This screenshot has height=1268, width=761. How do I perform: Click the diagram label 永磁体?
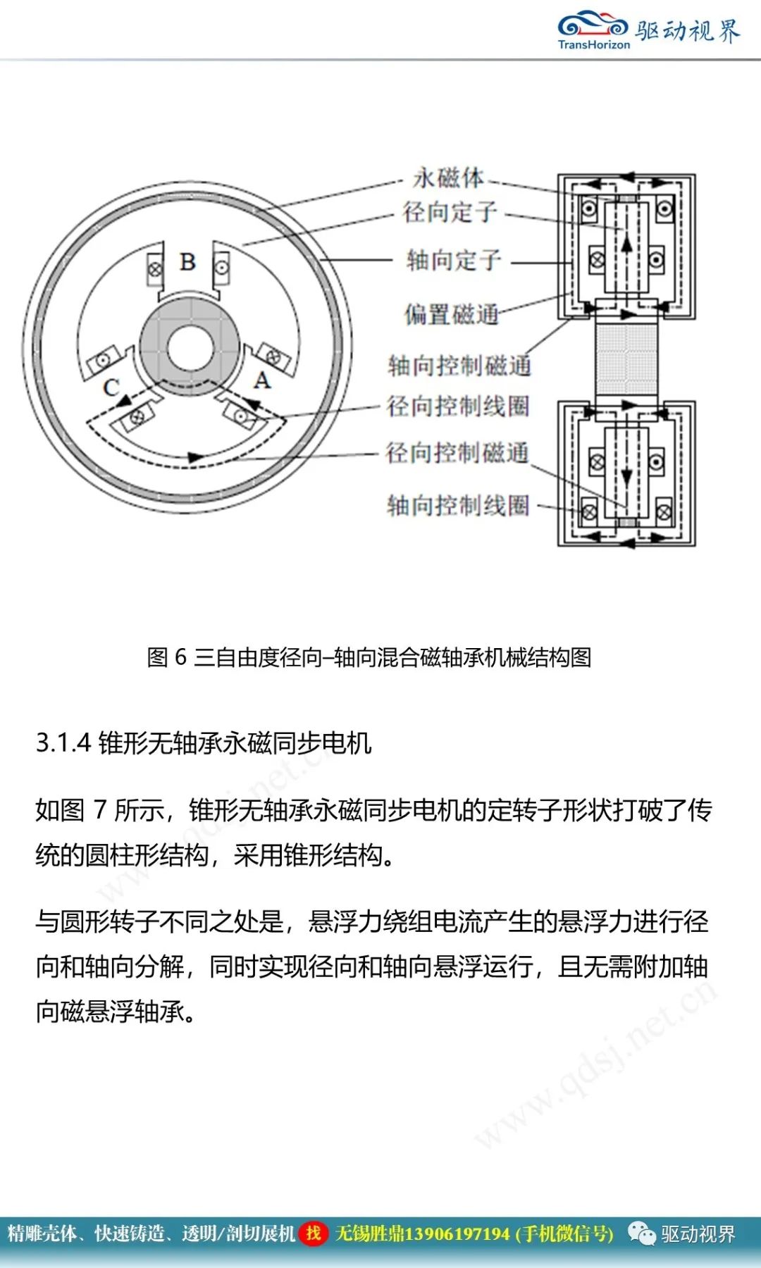pos(449,178)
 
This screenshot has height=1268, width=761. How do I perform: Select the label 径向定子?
pos(450,212)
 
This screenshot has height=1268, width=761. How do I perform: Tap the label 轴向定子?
pos(454,260)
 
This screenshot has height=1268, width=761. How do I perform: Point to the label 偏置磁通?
pos(452,313)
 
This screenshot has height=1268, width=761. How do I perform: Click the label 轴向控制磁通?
pos(459,365)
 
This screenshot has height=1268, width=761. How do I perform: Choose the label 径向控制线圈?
pos(458,406)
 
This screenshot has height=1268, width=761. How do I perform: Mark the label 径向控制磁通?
pos(457,453)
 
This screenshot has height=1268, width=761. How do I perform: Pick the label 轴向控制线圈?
pos(458,505)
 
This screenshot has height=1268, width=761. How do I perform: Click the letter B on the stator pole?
pos(187,262)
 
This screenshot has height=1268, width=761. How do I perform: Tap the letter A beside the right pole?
pos(262,380)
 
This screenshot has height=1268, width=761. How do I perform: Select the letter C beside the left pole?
pos(111,387)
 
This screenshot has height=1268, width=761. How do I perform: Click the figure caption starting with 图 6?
pos(369,657)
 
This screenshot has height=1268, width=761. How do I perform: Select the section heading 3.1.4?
pos(204,742)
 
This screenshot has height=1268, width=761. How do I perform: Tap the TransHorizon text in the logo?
pos(594,44)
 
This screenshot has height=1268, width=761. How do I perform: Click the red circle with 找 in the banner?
pos(314,1233)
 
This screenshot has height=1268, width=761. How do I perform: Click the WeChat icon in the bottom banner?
pos(641,1233)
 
